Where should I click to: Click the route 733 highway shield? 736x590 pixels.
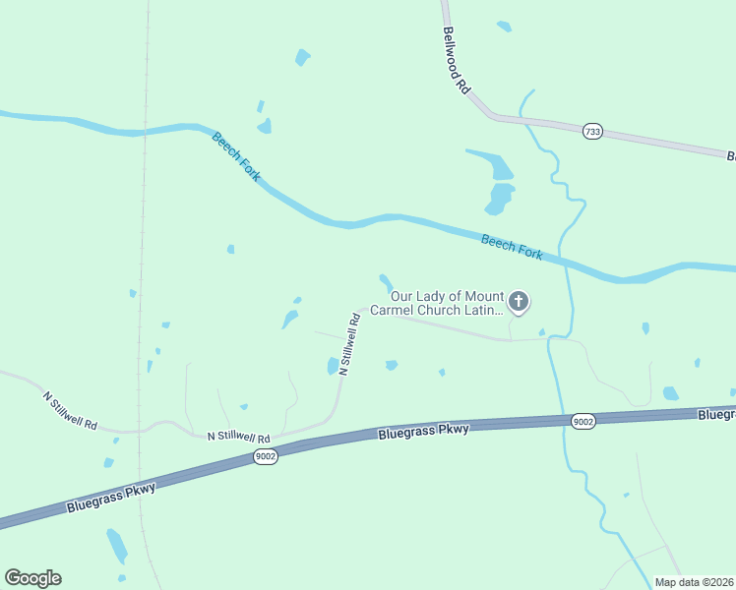click(591, 132)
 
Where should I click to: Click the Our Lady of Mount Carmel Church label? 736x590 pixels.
click(447, 303)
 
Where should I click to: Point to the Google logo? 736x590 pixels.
click(32, 578)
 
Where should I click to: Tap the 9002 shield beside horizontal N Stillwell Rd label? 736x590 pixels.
click(265, 456)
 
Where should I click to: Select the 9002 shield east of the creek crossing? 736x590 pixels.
click(583, 421)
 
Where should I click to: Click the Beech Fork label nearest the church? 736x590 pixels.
click(512, 247)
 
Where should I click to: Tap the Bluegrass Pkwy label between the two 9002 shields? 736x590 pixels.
click(424, 430)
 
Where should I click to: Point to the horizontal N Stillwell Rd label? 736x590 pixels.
click(238, 436)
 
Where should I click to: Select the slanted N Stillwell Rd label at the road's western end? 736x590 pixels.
click(70, 411)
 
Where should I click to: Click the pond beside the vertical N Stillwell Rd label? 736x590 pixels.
click(333, 366)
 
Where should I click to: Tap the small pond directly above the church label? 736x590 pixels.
click(386, 282)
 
